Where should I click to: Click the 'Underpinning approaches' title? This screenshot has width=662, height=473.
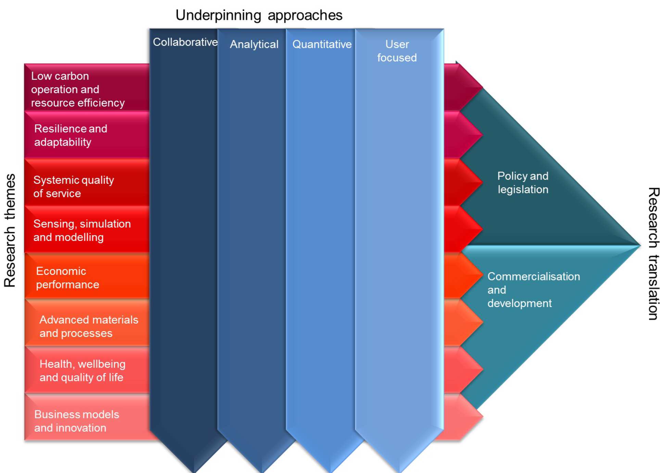click(259, 15)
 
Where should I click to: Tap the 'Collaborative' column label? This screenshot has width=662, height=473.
click(185, 42)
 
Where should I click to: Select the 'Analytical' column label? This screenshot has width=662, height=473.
click(254, 44)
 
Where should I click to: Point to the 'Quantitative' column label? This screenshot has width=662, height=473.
click(322, 44)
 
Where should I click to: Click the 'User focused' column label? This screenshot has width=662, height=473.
click(397, 51)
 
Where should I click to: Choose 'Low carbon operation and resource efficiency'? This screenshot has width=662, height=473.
click(78, 89)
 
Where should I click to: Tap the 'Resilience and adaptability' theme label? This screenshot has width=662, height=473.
click(71, 135)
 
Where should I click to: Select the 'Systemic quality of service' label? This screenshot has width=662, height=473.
click(73, 186)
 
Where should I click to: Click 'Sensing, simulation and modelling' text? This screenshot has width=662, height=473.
click(82, 230)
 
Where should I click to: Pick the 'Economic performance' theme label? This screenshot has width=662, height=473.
click(67, 278)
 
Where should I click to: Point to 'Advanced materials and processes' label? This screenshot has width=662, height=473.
click(89, 326)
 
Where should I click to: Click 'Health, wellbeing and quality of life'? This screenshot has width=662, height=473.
click(82, 371)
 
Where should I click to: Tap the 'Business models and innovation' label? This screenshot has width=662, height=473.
click(77, 421)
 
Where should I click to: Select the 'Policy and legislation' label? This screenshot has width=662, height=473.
click(523, 182)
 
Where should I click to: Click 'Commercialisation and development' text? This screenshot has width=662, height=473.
click(533, 290)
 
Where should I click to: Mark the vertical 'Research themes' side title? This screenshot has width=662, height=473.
click(10, 230)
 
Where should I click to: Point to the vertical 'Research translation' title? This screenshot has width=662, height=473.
click(653, 254)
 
